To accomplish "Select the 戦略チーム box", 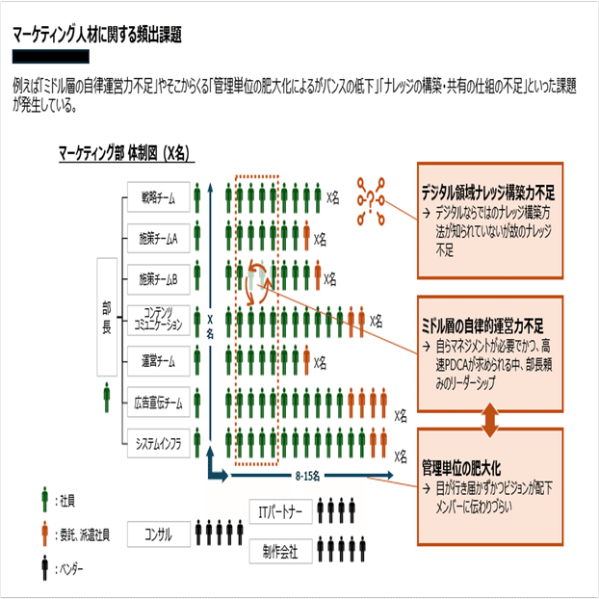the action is tap(156, 196).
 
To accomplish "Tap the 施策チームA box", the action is tap(156, 238).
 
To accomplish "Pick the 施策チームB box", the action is tap(156, 279).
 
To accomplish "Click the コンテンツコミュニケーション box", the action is tap(156, 319).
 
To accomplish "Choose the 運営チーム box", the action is tap(156, 361).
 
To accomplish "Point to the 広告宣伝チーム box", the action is tap(156, 403).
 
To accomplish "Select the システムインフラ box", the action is tap(156, 444).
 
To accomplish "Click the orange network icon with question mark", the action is tap(371, 199).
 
